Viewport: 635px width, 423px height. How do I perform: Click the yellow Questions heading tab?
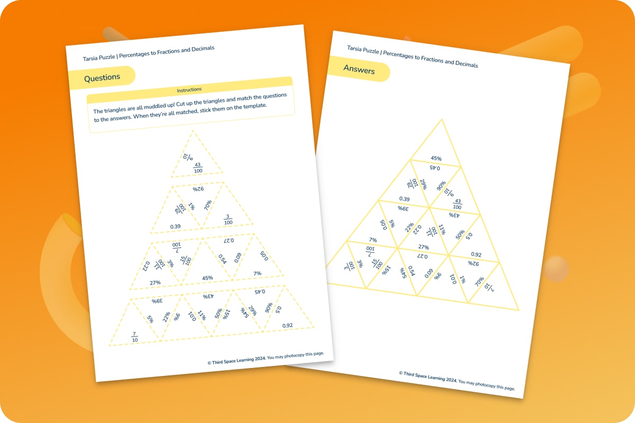point(102,77)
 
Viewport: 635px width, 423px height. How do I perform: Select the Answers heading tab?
point(359,70)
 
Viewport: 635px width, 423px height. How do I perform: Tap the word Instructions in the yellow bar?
point(189,89)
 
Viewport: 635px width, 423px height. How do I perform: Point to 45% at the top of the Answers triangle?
point(436,158)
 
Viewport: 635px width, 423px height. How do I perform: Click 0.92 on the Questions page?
point(287,325)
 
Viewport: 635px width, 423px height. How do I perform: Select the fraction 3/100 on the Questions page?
point(228,218)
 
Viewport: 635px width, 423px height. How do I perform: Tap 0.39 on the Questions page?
point(176,226)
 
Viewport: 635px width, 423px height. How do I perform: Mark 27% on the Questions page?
point(155,283)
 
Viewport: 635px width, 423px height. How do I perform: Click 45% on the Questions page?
point(207,278)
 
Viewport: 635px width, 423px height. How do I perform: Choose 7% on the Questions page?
point(257,273)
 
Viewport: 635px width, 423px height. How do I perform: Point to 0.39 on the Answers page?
point(404,199)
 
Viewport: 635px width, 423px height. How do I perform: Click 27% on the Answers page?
point(423,247)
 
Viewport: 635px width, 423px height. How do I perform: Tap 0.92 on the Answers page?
point(476,254)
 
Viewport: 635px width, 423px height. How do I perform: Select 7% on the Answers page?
point(373,240)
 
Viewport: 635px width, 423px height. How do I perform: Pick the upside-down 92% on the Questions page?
point(198,189)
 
